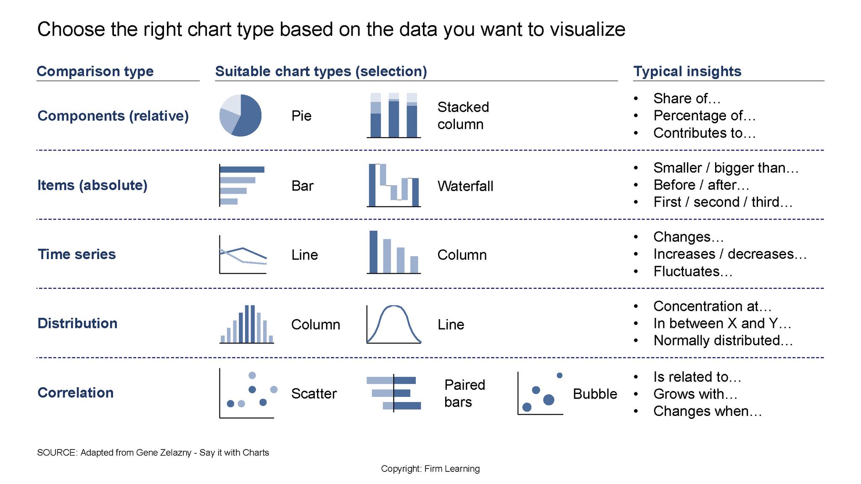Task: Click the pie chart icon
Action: [x=240, y=115]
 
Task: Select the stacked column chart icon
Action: [x=394, y=115]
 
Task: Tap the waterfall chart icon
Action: [x=394, y=185]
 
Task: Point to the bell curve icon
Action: [x=394, y=324]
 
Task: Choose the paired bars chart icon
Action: [x=394, y=393]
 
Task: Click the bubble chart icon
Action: [x=541, y=393]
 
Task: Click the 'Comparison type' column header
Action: [x=95, y=71]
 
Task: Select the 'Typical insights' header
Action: [x=687, y=71]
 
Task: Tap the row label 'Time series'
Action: [x=77, y=254]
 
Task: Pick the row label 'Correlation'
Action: [x=76, y=393]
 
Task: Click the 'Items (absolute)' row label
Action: [x=92, y=185]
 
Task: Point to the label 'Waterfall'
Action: [x=465, y=186]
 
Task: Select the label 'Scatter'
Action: [x=314, y=394]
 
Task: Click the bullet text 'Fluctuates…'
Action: [x=693, y=272]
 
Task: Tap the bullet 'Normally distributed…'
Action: [x=723, y=340]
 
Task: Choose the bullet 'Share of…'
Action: [x=687, y=98]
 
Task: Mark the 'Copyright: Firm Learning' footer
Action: [x=430, y=469]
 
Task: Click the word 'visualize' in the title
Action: [x=587, y=29]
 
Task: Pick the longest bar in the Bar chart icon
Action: [x=242, y=169]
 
